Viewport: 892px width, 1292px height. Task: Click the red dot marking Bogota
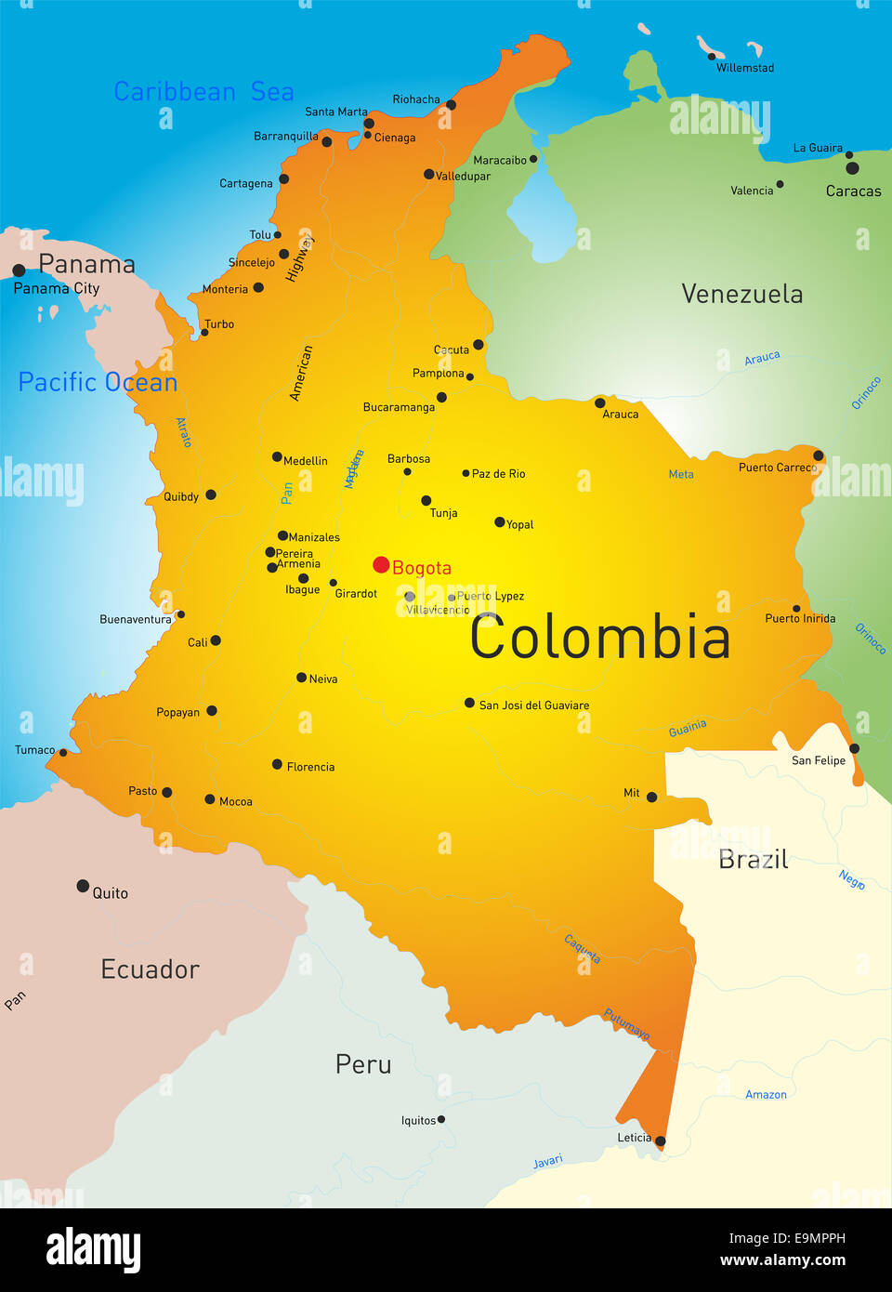(x=381, y=565)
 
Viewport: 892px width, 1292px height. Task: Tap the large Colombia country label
(x=599, y=639)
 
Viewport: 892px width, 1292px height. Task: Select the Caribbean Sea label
(x=203, y=92)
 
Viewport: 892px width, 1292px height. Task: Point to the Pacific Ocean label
(x=98, y=382)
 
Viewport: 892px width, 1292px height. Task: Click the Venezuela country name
(x=741, y=295)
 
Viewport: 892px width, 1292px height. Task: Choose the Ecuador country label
(x=150, y=969)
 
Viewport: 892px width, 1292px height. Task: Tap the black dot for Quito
(x=83, y=886)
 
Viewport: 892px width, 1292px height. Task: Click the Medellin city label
(x=306, y=461)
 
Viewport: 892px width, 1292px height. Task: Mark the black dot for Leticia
(x=660, y=1141)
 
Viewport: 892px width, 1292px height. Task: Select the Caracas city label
(x=853, y=191)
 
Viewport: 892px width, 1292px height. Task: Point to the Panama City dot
(x=19, y=270)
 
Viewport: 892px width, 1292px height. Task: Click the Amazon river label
(x=766, y=1095)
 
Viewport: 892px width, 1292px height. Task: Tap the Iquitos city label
(x=418, y=1121)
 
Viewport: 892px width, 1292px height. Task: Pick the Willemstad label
(x=744, y=68)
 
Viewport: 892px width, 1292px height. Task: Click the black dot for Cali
(x=216, y=640)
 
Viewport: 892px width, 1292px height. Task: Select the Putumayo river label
(x=627, y=1024)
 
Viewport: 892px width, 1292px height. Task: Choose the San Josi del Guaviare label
(x=533, y=705)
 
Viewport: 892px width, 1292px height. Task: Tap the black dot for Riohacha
(x=451, y=104)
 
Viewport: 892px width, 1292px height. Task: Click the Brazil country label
(x=753, y=860)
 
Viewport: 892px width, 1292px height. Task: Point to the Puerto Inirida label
(x=800, y=619)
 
